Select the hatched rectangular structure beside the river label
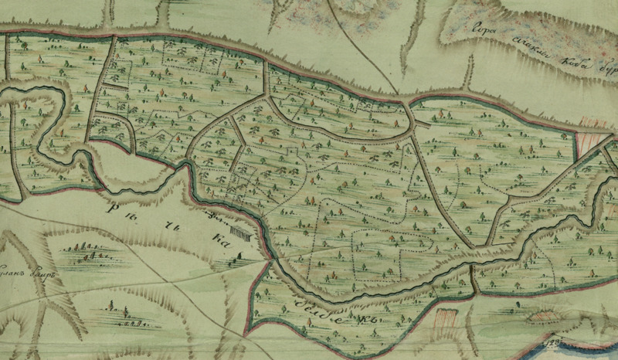(240, 233)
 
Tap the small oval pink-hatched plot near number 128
(542, 315)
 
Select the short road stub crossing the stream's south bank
(472, 280)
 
